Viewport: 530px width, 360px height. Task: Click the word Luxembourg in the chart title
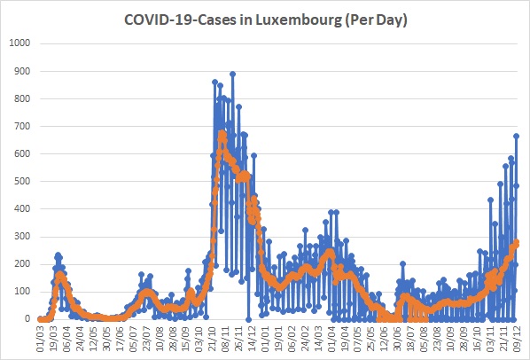pos(299,20)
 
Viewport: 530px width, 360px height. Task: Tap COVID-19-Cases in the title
pos(181,20)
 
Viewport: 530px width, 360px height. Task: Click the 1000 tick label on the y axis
pos(19,43)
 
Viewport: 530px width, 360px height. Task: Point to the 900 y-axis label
pos(22,71)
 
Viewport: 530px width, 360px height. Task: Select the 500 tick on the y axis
pos(22,181)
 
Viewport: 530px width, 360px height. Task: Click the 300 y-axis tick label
pos(22,236)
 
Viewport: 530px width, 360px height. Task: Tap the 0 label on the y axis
pos(27,318)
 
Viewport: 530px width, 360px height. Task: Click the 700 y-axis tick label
pos(22,126)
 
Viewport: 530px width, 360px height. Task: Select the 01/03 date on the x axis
pos(41,339)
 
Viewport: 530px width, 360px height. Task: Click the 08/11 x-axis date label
pos(226,339)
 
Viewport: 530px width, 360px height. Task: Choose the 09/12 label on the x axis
pos(517,339)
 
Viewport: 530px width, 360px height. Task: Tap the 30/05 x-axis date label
pos(107,339)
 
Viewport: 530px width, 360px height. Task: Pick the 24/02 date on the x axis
pos(305,339)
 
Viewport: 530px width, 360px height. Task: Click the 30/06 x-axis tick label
pos(397,339)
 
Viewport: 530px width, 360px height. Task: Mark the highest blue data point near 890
pos(232,74)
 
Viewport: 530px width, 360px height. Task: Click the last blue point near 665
pos(516,136)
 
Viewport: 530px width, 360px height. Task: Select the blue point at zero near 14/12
pos(248,319)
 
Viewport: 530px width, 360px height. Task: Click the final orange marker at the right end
pos(516,242)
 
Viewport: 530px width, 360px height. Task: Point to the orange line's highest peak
pos(222,133)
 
